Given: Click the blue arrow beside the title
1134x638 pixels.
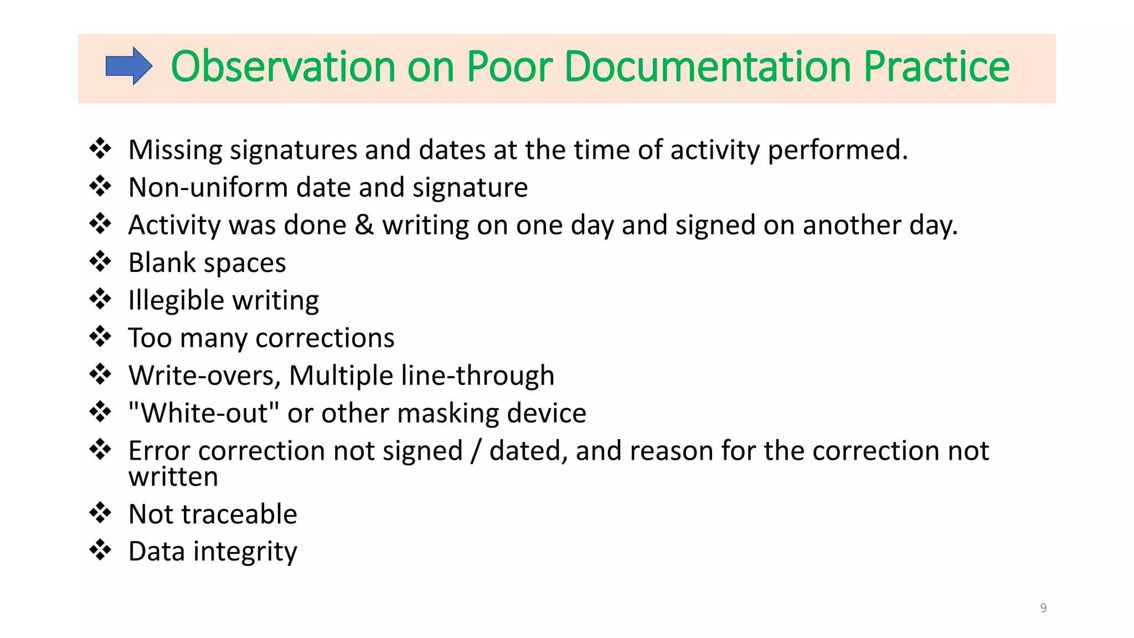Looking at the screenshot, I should coord(128,66).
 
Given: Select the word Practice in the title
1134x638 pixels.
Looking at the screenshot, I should coord(936,66).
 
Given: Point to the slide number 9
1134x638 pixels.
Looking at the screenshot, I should coord(1043,608).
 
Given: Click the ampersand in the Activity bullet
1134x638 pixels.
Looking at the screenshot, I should coord(364,225).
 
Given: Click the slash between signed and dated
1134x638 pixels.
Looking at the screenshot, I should coord(476,451).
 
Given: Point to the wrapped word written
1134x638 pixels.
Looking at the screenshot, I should coord(173,477).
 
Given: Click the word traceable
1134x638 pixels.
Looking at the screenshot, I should coord(244,514).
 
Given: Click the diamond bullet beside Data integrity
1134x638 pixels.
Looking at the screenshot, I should coord(100,550).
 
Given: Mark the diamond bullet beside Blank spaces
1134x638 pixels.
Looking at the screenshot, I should coord(100,261).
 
